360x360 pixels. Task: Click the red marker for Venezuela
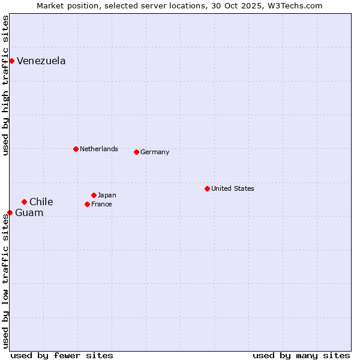(x=11, y=61)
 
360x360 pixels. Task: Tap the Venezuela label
(x=41, y=61)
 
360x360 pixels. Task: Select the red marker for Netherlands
(x=76, y=149)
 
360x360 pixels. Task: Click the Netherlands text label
(x=98, y=149)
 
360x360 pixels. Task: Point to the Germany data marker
(x=136, y=152)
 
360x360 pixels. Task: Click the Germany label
(x=155, y=152)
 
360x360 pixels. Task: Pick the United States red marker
(x=207, y=188)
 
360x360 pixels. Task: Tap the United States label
(x=233, y=188)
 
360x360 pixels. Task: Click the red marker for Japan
(x=94, y=195)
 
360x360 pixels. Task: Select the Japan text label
(x=107, y=195)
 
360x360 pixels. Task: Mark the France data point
(x=87, y=204)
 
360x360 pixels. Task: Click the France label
(x=101, y=205)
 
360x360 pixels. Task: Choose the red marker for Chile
(x=24, y=202)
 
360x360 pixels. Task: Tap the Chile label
(x=41, y=202)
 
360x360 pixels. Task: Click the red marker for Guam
(x=10, y=212)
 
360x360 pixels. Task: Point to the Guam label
(x=29, y=213)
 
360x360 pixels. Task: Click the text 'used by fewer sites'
(x=62, y=355)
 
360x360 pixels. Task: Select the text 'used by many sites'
(x=301, y=355)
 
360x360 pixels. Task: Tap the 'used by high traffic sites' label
(x=6, y=85)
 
